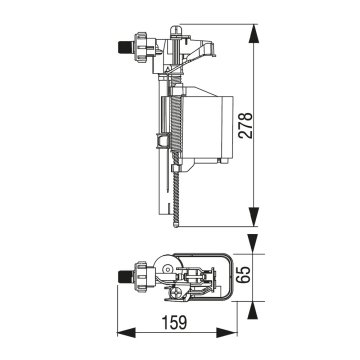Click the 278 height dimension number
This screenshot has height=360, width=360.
point(247,125)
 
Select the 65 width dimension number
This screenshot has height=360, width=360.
point(245,275)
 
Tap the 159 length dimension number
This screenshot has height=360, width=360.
point(174,322)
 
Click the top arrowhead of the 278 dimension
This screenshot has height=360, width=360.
point(254,34)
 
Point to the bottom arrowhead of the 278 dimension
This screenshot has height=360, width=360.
point(254,217)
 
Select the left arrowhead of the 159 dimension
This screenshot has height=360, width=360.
point(126,332)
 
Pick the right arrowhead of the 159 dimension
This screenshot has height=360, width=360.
point(227,332)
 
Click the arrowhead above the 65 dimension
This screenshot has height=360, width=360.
point(253,244)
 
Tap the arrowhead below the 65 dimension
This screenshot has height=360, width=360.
point(253,311)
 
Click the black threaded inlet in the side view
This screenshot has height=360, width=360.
point(125,47)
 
